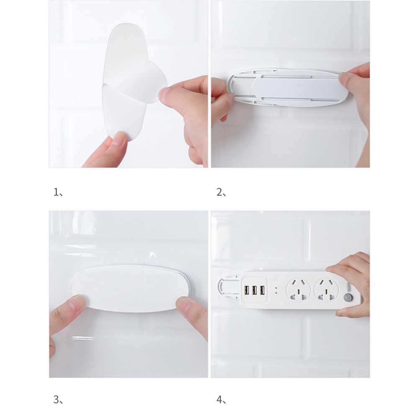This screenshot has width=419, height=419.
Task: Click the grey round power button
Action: (347, 299)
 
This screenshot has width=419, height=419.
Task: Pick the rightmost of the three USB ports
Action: (262, 289)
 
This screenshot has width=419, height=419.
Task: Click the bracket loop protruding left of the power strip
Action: (222, 285)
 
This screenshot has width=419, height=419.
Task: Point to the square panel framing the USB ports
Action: (254, 289)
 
